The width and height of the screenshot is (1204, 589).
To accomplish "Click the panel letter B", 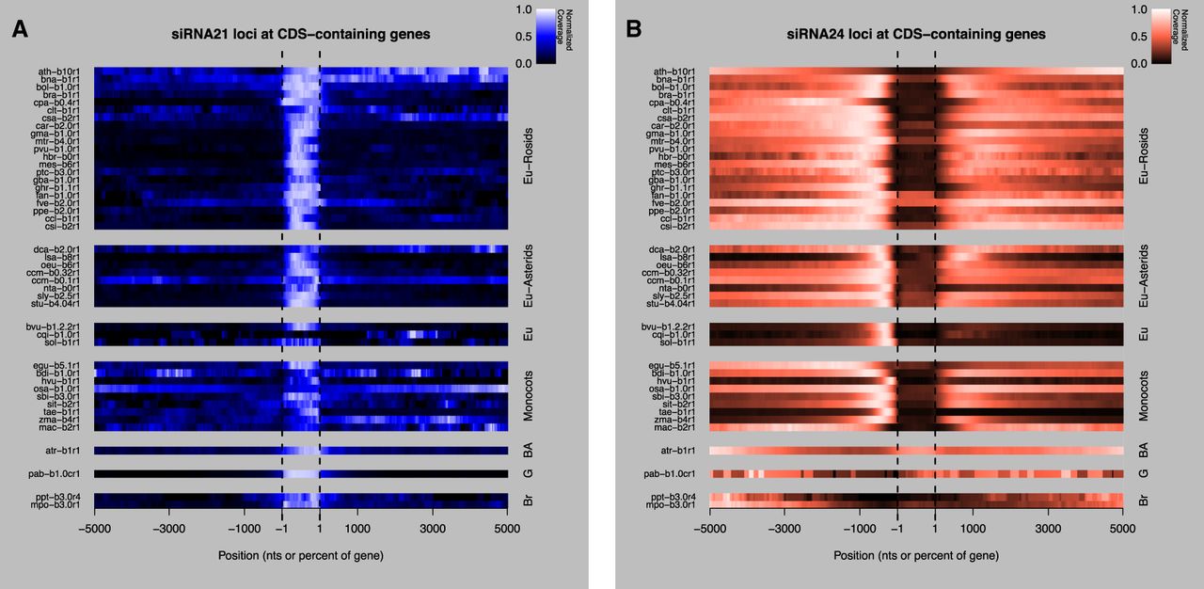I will tap(634, 29).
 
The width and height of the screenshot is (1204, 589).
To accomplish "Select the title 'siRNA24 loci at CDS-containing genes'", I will tap(916, 34).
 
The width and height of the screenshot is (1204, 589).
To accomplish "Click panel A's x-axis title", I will tap(301, 555).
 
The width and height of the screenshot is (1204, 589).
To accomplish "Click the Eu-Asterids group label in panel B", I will tap(1144, 276).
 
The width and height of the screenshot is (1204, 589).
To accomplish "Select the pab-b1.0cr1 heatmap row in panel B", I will tap(916, 474).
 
